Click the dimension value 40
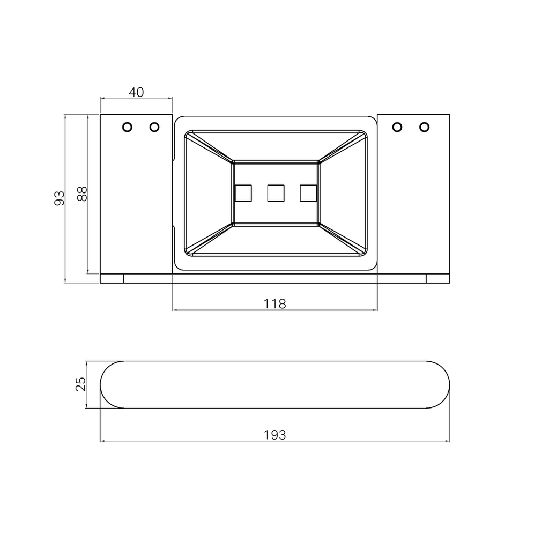[136, 92]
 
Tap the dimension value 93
[60, 198]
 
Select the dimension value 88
[82, 194]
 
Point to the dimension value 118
[275, 304]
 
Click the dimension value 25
[80, 384]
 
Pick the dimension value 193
[275, 435]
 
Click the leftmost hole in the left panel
[127, 127]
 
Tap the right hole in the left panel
[154, 127]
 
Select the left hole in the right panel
[397, 127]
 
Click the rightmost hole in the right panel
[425, 127]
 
